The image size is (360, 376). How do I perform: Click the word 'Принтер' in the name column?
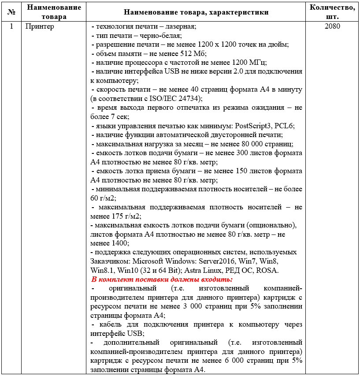[40, 26]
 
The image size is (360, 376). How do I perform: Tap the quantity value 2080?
[332, 26]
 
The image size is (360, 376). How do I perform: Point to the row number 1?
[11, 26]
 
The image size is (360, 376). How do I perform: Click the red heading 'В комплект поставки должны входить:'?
[162, 279]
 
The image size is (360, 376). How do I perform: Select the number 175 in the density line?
[116, 216]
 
